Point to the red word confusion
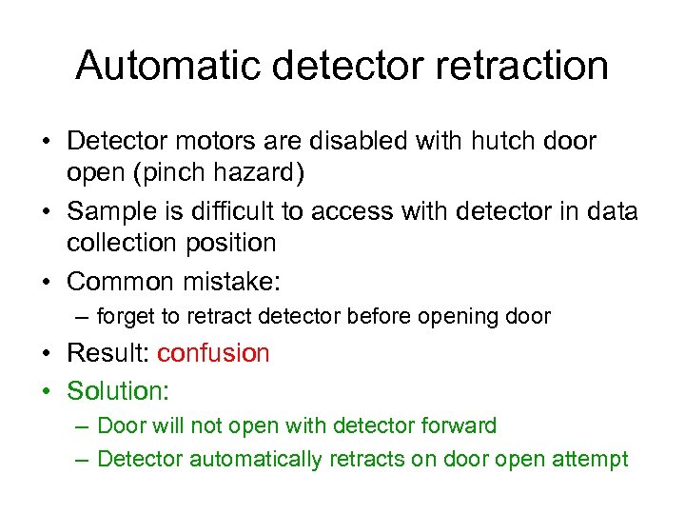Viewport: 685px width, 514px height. pyautogui.click(x=213, y=353)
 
